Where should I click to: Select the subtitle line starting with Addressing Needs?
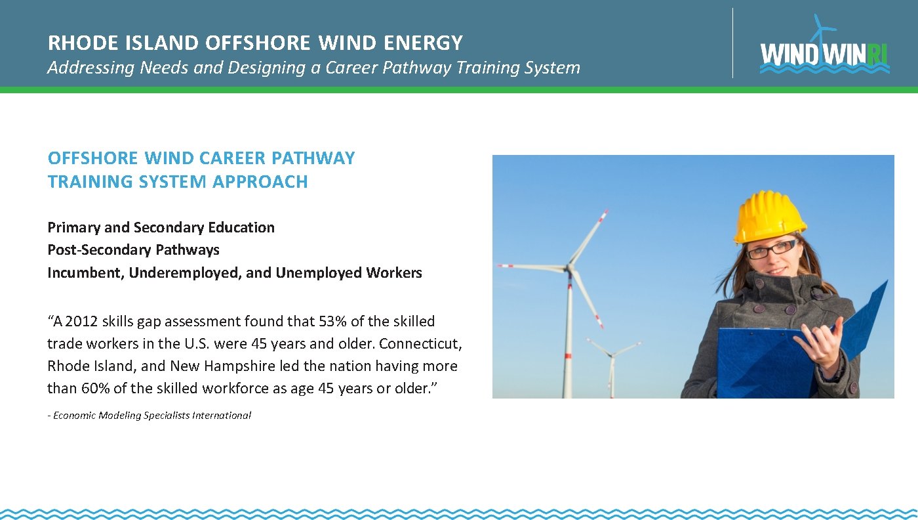313,68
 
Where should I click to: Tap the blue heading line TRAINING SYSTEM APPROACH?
178,182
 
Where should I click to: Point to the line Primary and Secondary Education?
161,228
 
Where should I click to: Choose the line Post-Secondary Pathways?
133,250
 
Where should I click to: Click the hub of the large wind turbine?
570,267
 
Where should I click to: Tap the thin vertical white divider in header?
732,43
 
